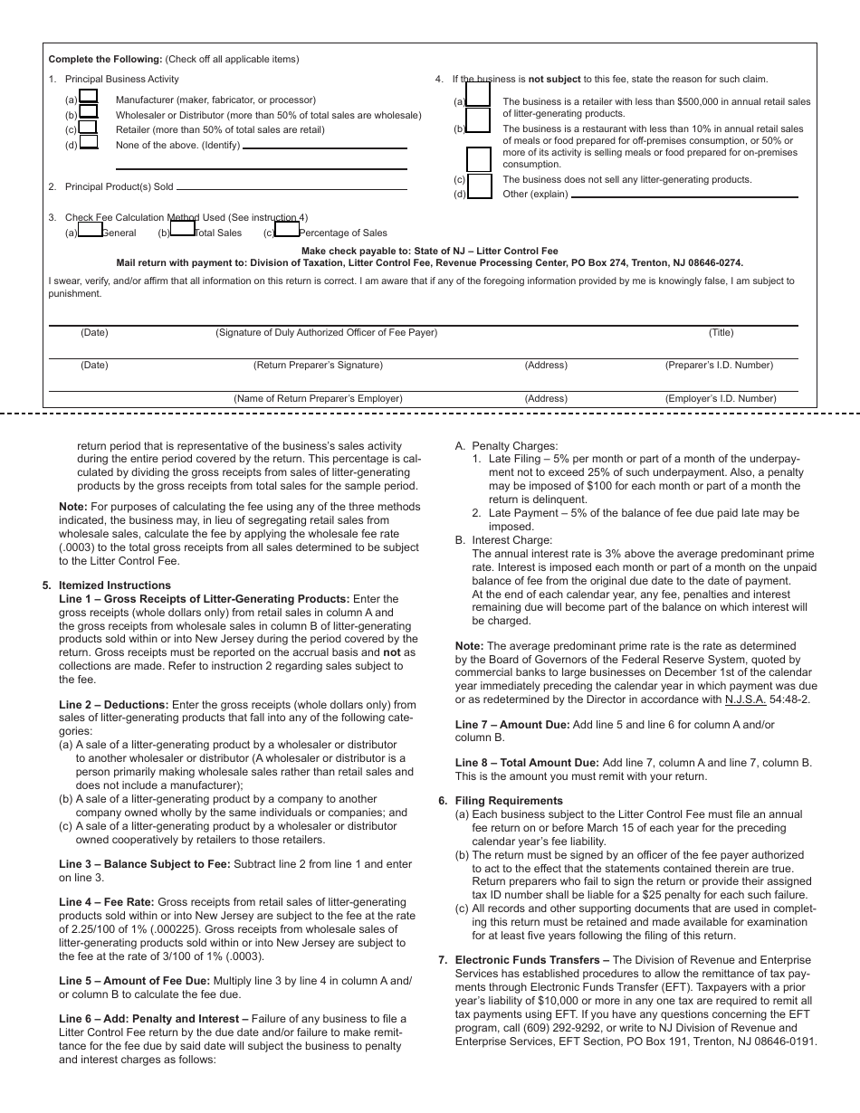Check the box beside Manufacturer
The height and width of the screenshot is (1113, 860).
tap(89, 96)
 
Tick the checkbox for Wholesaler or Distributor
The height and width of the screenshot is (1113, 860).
tap(89, 111)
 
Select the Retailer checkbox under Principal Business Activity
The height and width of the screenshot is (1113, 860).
tap(89, 127)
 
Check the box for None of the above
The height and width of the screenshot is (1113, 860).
tap(89, 141)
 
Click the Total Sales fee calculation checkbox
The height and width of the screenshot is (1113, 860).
tap(183, 230)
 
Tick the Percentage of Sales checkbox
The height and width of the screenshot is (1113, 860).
tap(287, 230)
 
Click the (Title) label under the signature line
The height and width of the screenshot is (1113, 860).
tap(721, 333)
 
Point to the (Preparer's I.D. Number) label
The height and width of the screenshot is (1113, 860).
tap(719, 366)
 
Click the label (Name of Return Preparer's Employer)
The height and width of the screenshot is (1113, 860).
tap(318, 398)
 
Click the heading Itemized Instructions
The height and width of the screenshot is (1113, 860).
tap(114, 585)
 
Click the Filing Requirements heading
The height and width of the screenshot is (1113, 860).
tap(509, 801)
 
